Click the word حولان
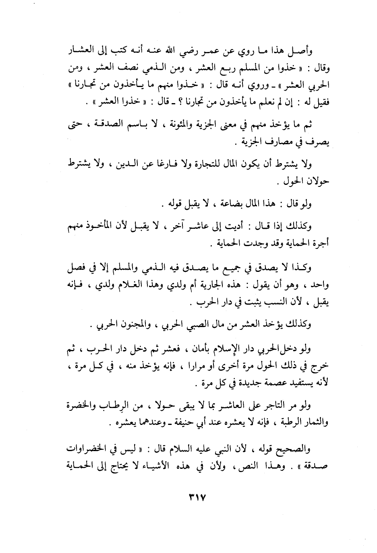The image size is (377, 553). [x=317, y=182]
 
